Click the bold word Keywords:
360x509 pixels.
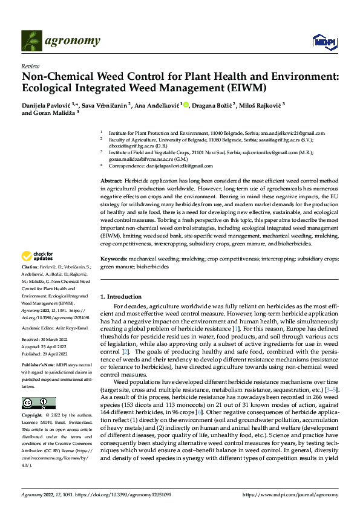click(x=114, y=259)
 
